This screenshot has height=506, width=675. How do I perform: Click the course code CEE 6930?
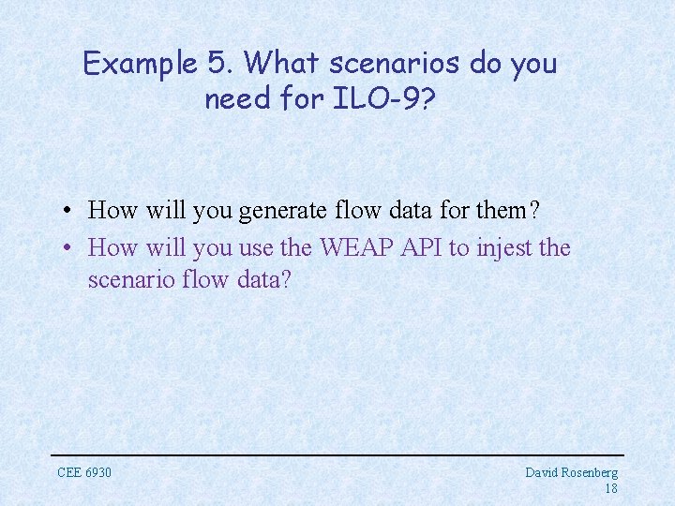[84, 472]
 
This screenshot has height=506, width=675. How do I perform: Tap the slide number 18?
[610, 489]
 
